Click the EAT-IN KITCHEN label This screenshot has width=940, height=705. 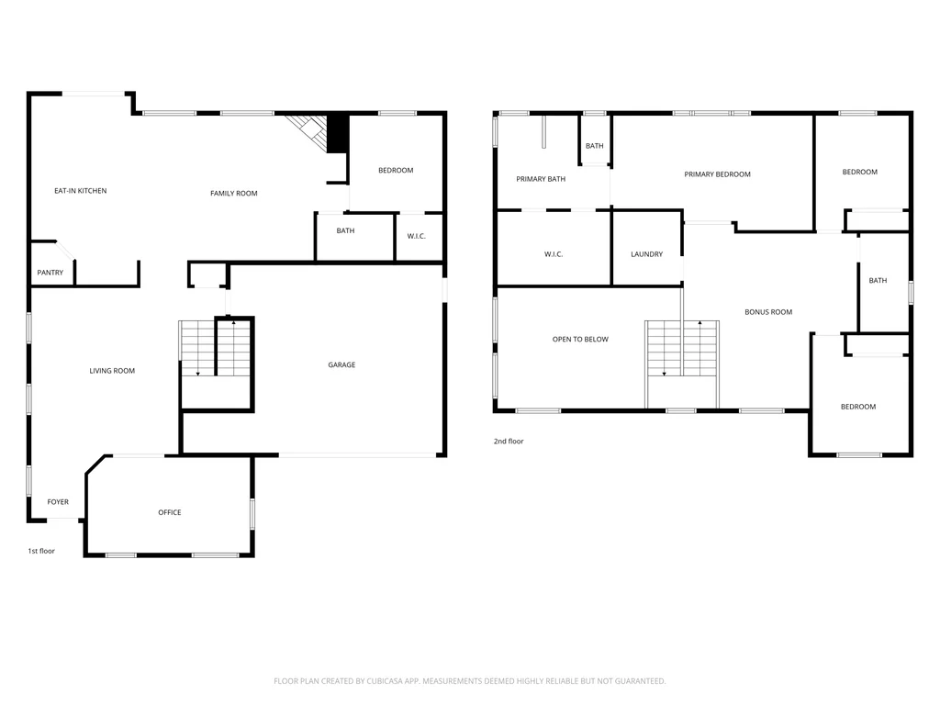[81, 191]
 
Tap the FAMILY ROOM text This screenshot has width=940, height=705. [234, 193]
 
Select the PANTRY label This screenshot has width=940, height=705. [50, 272]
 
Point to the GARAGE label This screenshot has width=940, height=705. [341, 364]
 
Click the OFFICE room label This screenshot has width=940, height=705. [170, 512]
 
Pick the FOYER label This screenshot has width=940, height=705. [58, 502]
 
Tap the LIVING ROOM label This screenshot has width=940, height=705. [112, 371]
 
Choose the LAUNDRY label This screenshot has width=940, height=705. [647, 254]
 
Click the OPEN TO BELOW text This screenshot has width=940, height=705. [580, 340]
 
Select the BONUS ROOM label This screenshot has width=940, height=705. [768, 312]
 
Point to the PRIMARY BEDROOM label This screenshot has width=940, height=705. [718, 174]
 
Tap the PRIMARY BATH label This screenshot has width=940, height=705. [541, 179]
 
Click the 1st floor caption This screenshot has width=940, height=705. [41, 551]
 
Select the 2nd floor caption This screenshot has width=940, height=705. [509, 442]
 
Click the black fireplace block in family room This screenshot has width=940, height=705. [338, 133]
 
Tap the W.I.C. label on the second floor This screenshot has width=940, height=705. [554, 254]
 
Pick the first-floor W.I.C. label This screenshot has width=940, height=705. [417, 236]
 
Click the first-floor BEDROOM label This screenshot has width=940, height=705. [396, 170]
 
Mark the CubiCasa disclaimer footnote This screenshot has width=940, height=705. [469, 681]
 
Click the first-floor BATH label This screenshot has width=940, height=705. [345, 230]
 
